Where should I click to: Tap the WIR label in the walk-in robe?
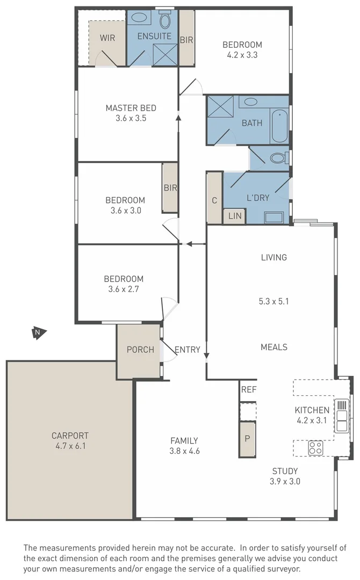pos(108,38)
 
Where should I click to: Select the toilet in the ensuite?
pos(165,21)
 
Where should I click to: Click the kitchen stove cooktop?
pos(315,447)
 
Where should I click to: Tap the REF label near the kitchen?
pos(248,389)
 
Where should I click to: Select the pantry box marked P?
pos(247,438)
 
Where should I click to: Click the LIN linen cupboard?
pos(235,216)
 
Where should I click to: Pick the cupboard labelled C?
pos(214,200)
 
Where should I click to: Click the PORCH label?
pos(140,350)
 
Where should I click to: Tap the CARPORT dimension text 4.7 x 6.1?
pos(70,446)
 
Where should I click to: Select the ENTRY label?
pos(188,350)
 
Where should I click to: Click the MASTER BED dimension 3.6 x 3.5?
pos(131,119)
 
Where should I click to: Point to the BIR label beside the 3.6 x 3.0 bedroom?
pos(170,187)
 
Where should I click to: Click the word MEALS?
pos(274,347)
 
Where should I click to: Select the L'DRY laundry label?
pos(258,198)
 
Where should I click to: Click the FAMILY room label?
pos(183,440)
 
